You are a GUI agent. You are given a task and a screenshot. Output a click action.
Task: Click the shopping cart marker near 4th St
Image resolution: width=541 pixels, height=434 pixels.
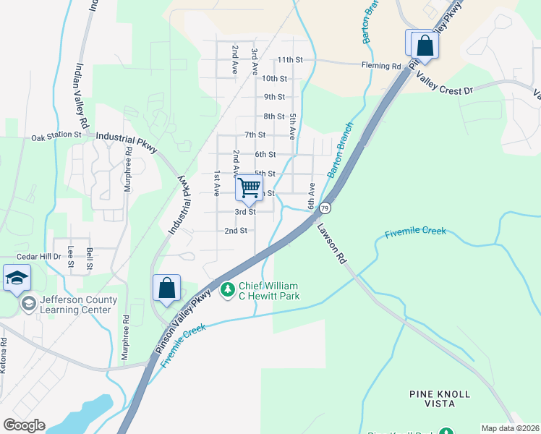(x=249, y=189)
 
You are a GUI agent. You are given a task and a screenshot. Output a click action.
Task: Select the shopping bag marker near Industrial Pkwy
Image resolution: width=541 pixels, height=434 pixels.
(x=166, y=288)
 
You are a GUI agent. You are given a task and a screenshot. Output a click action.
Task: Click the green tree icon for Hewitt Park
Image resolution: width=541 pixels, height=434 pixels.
(x=228, y=290)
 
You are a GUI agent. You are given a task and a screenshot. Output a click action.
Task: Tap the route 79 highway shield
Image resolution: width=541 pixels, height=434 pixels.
(x=326, y=208)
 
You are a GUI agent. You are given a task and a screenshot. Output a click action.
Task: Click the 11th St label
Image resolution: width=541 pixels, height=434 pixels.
(x=289, y=59)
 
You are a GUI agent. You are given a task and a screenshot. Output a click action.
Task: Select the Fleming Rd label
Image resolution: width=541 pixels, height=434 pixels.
(x=381, y=66)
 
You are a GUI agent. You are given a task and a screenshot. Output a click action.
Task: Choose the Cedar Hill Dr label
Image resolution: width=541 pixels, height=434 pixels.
(x=41, y=256)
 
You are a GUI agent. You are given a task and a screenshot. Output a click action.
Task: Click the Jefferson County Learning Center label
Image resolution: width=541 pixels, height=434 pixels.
(x=76, y=305)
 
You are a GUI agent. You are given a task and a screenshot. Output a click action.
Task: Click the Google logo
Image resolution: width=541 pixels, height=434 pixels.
(x=24, y=425)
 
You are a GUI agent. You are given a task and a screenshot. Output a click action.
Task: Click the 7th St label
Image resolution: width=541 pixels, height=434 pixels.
(x=255, y=135)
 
